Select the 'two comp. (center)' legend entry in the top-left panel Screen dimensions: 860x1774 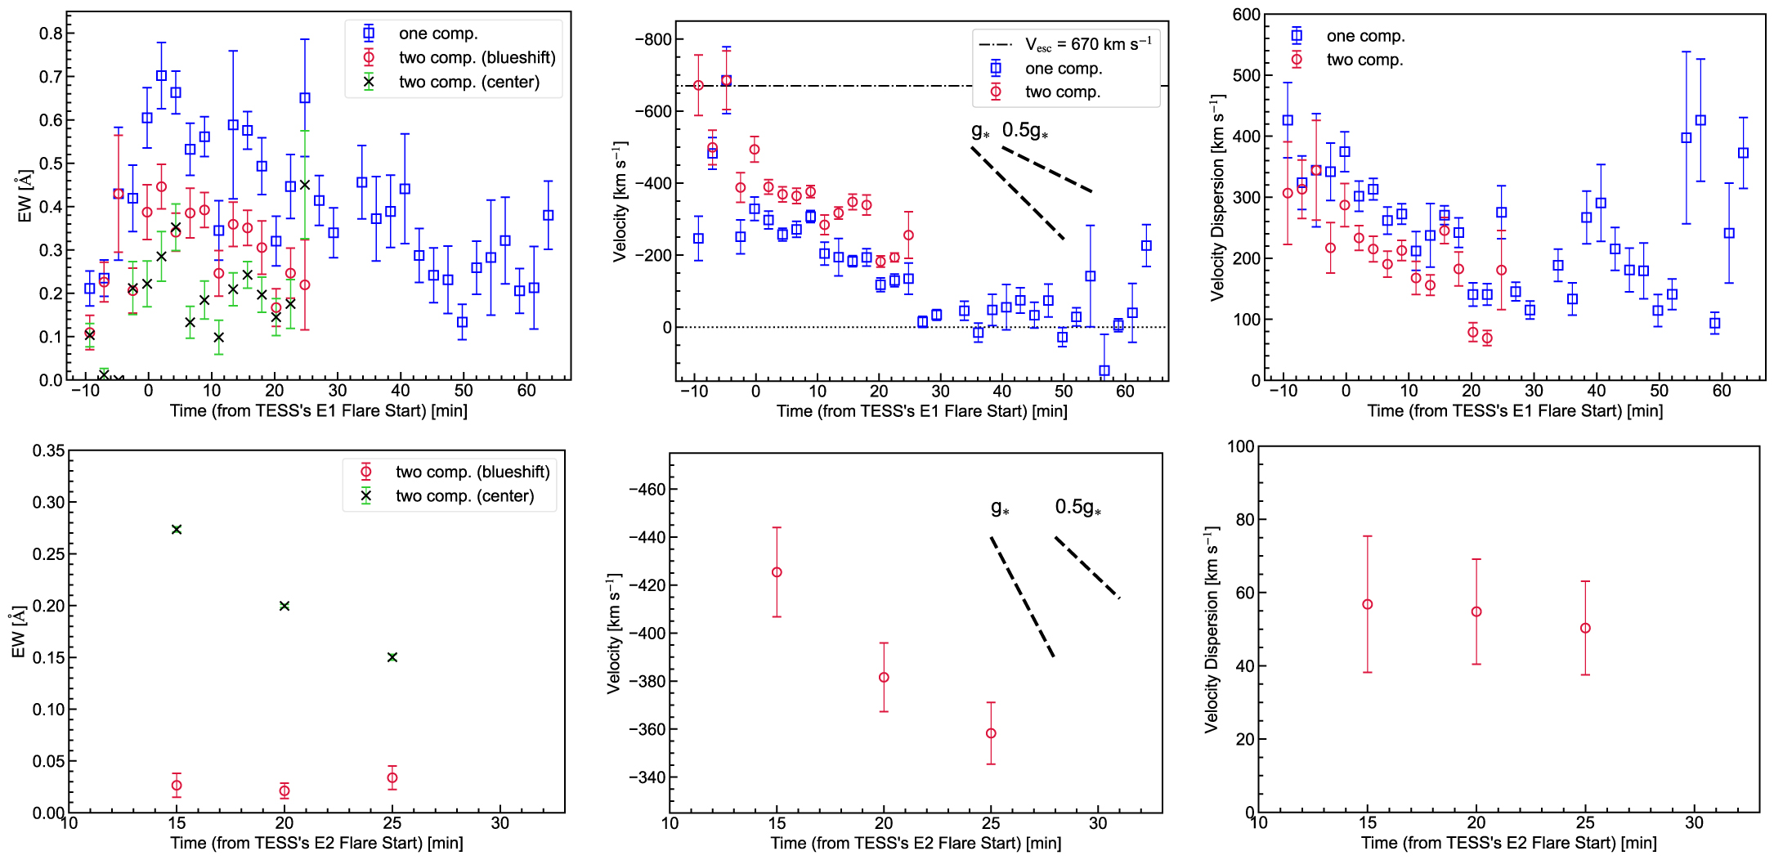[468, 82]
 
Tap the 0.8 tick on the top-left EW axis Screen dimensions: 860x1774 [51, 34]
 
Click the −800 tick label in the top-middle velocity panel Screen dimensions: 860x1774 [652, 39]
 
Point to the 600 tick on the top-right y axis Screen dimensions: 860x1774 [1246, 15]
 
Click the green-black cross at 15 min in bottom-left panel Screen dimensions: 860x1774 [177, 530]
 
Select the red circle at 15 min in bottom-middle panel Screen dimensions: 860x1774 [777, 572]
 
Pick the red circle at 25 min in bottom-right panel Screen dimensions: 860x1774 [1585, 629]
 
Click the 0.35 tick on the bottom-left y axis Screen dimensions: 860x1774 [48, 450]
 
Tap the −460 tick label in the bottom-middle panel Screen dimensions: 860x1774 [647, 490]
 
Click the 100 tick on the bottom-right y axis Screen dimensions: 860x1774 [1240, 446]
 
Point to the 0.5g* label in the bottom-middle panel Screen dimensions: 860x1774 [1077, 508]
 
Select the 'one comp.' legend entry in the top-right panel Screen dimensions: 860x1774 [1365, 36]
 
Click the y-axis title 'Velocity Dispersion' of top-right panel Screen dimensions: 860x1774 [1218, 198]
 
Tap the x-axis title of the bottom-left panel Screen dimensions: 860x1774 [316, 843]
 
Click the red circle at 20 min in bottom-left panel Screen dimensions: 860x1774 [284, 791]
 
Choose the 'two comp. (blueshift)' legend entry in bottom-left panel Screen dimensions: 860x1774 [473, 472]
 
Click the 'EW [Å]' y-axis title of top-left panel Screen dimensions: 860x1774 [25, 197]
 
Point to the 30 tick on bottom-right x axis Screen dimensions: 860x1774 [1694, 823]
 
